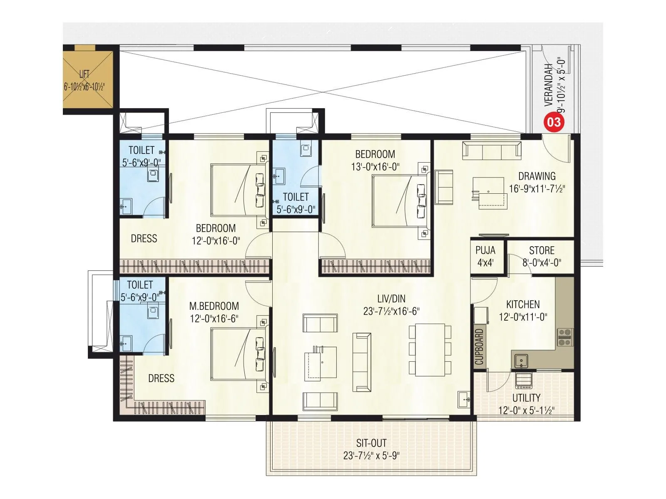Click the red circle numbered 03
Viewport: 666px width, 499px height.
pyautogui.click(x=554, y=122)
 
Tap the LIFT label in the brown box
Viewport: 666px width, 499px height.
pyautogui.click(x=84, y=74)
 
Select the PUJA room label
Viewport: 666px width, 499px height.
pyautogui.click(x=485, y=250)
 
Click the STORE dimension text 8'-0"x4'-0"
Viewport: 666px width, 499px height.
pyautogui.click(x=542, y=263)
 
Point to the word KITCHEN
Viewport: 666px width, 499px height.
pyautogui.click(x=523, y=304)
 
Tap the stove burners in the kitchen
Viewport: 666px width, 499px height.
pyautogui.click(x=565, y=337)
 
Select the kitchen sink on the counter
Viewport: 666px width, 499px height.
pyautogui.click(x=521, y=360)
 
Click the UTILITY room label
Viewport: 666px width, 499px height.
pyautogui.click(x=526, y=398)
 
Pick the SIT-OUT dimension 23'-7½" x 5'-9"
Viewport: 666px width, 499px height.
pyautogui.click(x=371, y=455)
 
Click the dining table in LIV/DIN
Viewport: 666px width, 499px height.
pyautogui.click(x=430, y=350)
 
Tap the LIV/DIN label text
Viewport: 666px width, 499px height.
pyautogui.click(x=391, y=299)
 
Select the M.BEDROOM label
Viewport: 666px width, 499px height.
pyautogui.click(x=214, y=306)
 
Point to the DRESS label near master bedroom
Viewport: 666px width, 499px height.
pyautogui.click(x=161, y=378)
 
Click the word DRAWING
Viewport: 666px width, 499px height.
pyautogui.click(x=537, y=176)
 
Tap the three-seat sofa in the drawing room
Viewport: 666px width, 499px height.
pyautogui.click(x=492, y=151)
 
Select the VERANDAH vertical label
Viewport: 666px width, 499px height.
pyautogui.click(x=549, y=85)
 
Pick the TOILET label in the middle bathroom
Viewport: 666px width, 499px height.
pyautogui.click(x=296, y=197)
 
